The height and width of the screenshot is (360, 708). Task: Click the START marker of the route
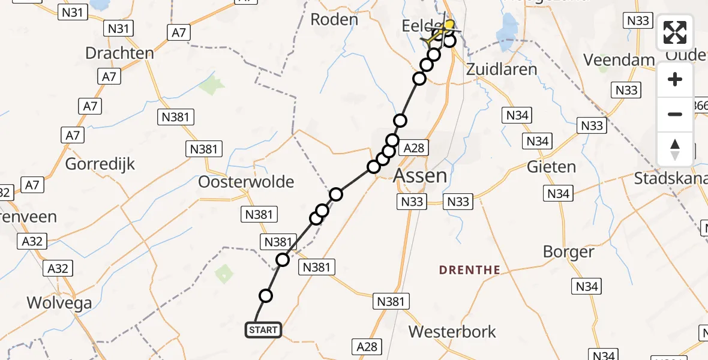coord(263,330)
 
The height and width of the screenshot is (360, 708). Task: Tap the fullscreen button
coord(675,32)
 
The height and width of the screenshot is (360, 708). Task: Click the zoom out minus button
coord(675,114)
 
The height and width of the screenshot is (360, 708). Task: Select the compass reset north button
coord(675,149)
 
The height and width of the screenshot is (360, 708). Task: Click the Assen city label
coord(420,176)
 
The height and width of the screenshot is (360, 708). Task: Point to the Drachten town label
coord(119,53)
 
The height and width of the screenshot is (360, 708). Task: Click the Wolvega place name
coord(59,302)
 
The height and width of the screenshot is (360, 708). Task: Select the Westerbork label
coord(452,331)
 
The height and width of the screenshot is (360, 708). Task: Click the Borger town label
coord(568,252)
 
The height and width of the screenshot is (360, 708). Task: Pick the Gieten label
coord(551,167)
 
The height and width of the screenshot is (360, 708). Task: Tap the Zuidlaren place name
coord(502,68)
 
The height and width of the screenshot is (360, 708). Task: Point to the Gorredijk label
coord(100,163)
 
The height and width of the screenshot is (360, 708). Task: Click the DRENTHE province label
coord(469,270)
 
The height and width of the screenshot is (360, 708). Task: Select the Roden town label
coord(334,19)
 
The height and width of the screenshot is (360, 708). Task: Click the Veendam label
coord(619,60)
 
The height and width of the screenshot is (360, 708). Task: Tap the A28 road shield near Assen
coord(415,148)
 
